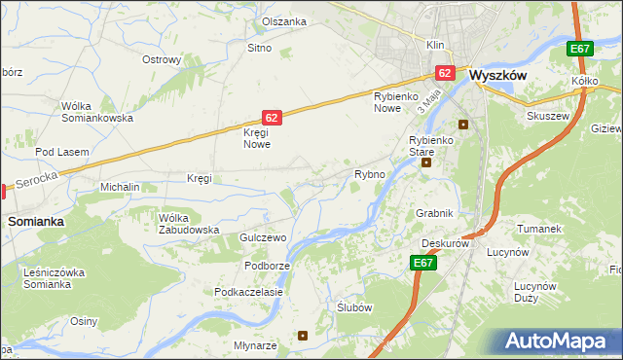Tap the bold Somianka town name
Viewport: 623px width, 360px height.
(x=36, y=221)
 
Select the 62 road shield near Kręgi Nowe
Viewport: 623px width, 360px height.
(x=272, y=117)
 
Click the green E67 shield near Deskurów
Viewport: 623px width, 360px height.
(x=422, y=263)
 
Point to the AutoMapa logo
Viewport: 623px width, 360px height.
(x=558, y=341)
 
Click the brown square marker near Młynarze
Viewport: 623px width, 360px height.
(x=303, y=336)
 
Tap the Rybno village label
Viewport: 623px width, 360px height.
(x=370, y=175)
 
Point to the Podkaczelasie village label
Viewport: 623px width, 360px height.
(x=249, y=292)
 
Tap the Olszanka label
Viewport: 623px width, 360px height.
(x=284, y=21)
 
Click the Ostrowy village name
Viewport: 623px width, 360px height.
(x=162, y=59)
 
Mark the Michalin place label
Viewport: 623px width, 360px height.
(x=121, y=186)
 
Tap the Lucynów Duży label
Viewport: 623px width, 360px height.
(x=534, y=292)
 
